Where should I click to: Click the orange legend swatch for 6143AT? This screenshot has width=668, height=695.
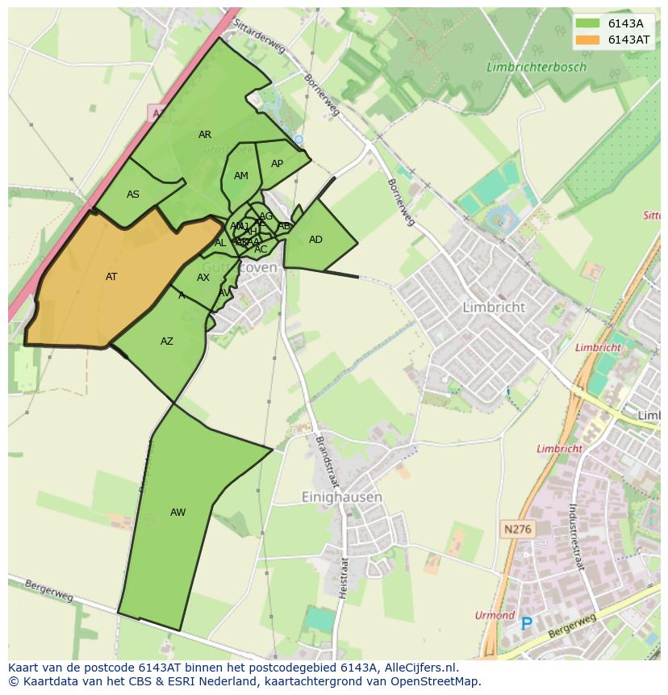pos(589,40)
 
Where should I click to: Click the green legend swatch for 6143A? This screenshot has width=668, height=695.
pos(589,23)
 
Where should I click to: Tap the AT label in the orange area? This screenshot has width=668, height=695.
pos(111,277)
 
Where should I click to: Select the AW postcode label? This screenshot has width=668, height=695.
pos(177,513)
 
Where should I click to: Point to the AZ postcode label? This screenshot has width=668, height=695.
pos(166,341)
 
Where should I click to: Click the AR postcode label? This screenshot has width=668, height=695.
pos(205,135)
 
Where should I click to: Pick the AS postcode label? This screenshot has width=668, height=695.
pos(133,195)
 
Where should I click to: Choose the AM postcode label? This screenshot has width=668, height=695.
pos(241,176)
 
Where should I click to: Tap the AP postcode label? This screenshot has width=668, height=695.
pos(277,164)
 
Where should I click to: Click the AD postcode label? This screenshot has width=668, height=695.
pos(315,240)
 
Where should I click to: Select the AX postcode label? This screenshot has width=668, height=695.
pos(203,278)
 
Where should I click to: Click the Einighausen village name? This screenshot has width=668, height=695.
pos(341,497)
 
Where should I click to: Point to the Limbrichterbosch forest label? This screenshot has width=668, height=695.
pos(536,68)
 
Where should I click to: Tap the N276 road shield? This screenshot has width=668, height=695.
pos(516,530)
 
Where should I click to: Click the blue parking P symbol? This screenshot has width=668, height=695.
pos(527,623)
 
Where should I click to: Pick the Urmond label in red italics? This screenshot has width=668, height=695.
pos(495,615)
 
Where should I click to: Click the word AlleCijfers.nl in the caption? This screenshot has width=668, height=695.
pos(411,668)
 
